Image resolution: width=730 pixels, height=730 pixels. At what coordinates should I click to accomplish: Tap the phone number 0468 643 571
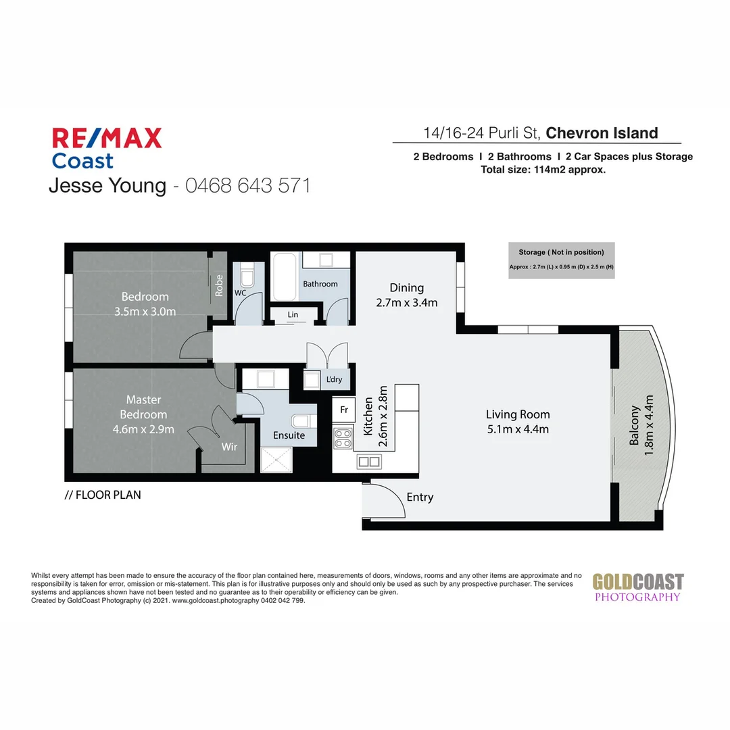tap(247, 185)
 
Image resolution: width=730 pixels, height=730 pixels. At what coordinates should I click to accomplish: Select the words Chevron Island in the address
tap(602, 133)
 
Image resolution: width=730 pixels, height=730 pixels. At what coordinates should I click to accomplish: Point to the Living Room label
tap(518, 414)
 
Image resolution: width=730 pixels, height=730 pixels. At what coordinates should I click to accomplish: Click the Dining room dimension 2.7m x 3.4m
tap(406, 303)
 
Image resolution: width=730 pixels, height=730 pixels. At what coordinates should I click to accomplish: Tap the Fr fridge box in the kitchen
tap(343, 410)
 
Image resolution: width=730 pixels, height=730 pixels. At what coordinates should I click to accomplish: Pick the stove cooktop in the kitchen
tap(343, 439)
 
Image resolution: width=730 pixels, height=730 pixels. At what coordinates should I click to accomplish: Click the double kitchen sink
tap(369, 462)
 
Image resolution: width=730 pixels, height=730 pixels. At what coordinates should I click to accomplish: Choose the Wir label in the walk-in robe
tap(230, 447)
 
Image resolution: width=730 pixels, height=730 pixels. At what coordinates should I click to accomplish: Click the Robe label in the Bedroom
tap(219, 286)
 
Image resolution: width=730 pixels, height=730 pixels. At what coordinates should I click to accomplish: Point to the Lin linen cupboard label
tap(293, 315)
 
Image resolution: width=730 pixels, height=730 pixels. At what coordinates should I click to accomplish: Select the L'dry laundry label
tap(334, 379)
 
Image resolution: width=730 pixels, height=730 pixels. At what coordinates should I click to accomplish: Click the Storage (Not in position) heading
tap(561, 252)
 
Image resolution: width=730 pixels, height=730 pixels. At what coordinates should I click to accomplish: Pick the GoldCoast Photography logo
tap(637, 587)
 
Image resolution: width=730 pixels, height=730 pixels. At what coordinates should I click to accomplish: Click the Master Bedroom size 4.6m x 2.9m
tap(143, 429)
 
